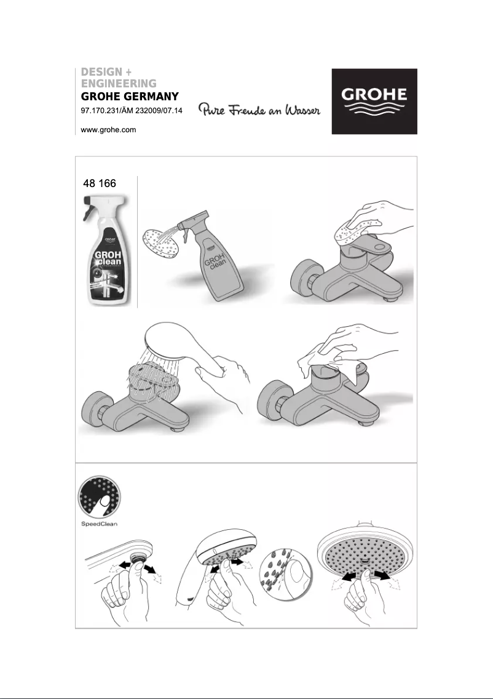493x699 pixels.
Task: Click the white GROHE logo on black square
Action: (x=374, y=102)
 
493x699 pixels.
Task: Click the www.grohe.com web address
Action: (x=108, y=130)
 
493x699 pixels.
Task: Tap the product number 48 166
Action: (x=99, y=183)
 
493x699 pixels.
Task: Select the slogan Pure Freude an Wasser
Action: (x=259, y=110)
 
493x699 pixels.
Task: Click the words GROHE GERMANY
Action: (x=130, y=97)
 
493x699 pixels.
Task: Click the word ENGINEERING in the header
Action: (x=119, y=83)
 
